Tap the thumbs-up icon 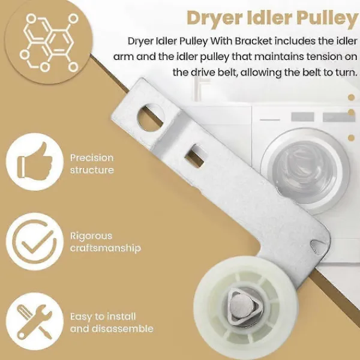[x=35, y=160]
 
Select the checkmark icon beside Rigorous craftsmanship [x=34, y=242]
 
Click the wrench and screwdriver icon [x=34, y=321]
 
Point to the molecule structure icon [x=49, y=43]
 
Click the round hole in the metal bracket [x=151, y=118]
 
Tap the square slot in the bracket [x=196, y=155]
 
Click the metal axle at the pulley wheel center [x=242, y=307]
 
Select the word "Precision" [x=92, y=158]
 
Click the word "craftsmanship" [x=106, y=248]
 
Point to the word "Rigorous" [x=91, y=236]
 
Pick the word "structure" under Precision [x=92, y=170]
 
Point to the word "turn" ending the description [x=347, y=73]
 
